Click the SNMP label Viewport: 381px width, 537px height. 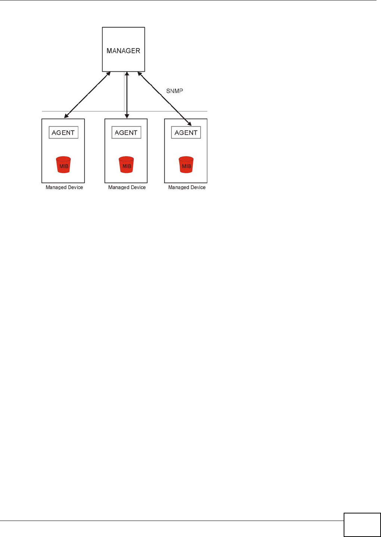174,91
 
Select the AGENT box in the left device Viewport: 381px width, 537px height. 63,133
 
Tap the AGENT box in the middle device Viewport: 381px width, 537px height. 126,133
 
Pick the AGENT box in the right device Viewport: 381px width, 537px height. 186,133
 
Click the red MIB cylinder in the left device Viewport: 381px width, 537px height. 63,165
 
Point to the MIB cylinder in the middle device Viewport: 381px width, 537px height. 126,165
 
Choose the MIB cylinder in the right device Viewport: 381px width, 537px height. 186,165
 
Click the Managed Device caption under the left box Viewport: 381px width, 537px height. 64,187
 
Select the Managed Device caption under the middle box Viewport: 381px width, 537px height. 127,187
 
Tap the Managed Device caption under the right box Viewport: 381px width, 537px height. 187,187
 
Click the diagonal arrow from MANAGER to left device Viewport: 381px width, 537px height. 87,95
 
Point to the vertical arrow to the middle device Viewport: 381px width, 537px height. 127,95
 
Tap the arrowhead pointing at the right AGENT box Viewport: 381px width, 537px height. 189,124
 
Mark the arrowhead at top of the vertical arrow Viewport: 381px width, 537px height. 127,74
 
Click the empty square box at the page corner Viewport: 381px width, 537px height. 362,525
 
